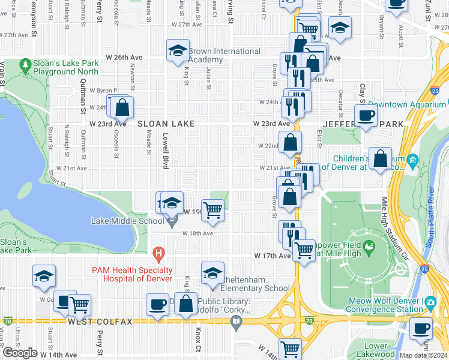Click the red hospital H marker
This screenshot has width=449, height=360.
click(x=158, y=254)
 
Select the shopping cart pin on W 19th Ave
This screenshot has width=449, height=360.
click(x=213, y=210)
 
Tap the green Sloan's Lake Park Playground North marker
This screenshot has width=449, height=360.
click(x=25, y=64)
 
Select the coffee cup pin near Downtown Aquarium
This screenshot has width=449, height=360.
click(x=365, y=115)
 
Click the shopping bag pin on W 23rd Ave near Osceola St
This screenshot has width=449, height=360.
click(x=122, y=108)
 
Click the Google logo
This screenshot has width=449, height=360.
click(x=20, y=352)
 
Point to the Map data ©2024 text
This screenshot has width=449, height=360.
click(x=423, y=355)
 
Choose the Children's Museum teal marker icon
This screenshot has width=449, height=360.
click(x=412, y=161)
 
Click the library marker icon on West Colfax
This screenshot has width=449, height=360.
click(x=237, y=323)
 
